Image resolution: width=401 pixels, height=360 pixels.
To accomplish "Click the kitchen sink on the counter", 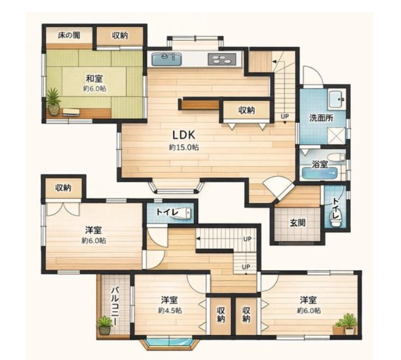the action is point(167,59).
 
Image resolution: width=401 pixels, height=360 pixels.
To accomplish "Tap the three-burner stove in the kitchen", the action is point(222,59).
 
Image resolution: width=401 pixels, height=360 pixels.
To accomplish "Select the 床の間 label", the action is point(69,36).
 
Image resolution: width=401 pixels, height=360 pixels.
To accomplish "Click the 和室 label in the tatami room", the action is point(94,78).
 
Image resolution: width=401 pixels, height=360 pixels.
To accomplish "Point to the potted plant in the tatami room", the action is point(54,101).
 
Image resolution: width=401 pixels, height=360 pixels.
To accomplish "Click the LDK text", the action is point(184,135).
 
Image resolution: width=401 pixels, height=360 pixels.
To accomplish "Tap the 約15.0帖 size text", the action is point(184,147).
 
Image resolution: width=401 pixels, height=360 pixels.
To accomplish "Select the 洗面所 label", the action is point(321,118).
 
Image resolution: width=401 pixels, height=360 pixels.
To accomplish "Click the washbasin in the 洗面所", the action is point(337,99).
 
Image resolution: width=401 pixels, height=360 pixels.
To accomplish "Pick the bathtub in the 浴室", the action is point(320,173).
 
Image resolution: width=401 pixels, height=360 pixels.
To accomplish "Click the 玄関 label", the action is point(298,223).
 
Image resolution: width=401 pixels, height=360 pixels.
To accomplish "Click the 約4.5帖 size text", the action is point(170,310).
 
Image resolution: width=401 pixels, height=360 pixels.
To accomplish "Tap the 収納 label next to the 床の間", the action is point(120,36).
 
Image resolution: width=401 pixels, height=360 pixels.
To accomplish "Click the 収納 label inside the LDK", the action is point(247,110).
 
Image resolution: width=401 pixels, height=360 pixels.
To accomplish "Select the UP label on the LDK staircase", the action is point(284,117).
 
